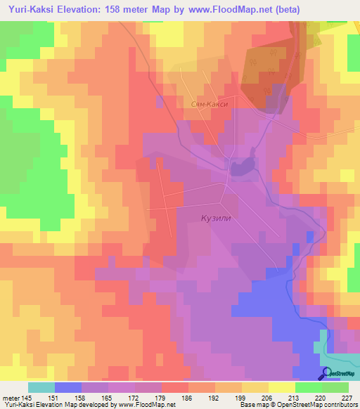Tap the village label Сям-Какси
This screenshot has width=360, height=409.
click(x=214, y=103)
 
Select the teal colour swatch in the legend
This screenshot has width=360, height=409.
click(x=41, y=387)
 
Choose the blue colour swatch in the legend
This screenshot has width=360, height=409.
click(x=68, y=387)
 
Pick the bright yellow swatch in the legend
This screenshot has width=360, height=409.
click(x=282, y=387)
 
